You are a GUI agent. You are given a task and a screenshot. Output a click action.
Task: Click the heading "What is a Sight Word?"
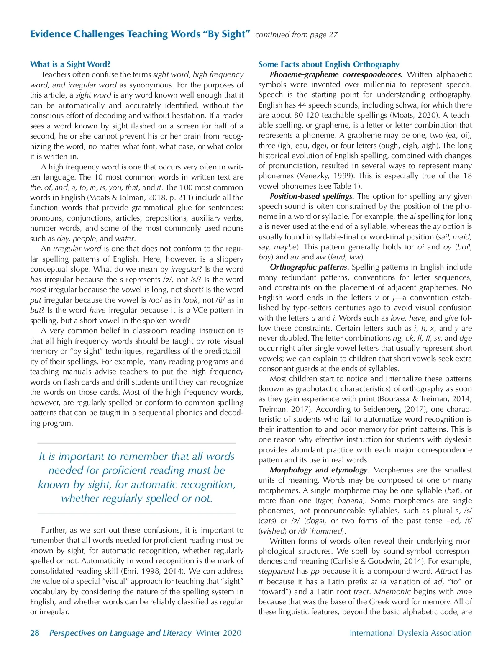[70, 64]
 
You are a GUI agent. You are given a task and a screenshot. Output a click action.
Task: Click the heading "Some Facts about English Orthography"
[329, 64]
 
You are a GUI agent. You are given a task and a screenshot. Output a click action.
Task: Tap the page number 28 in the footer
[35, 633]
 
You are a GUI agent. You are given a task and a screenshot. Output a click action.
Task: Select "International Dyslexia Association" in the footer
[410, 633]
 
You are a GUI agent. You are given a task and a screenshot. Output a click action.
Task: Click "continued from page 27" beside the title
[296, 35]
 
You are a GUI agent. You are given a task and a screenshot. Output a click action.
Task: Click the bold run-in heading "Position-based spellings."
[312, 196]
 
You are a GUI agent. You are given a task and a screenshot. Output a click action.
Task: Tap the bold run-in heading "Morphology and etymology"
[318, 470]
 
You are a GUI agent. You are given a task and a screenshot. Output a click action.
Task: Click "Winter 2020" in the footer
[218, 633]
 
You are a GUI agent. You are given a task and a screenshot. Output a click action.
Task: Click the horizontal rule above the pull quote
[136, 443]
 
